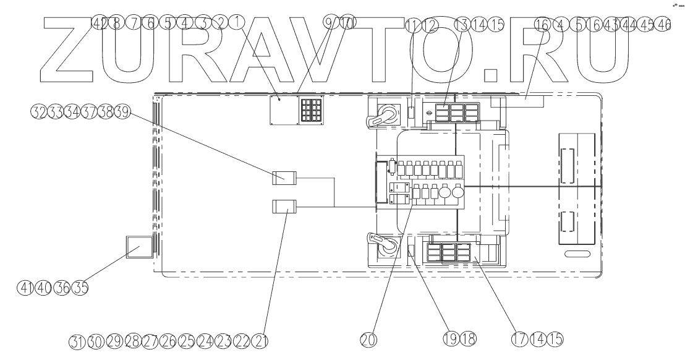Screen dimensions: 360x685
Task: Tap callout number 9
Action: click(331, 22)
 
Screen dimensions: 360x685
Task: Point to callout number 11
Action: click(413, 25)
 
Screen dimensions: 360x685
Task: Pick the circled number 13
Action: click(462, 25)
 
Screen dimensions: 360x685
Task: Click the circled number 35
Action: click(80, 288)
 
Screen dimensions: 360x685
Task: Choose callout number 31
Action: click(75, 341)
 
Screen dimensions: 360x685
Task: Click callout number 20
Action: click(368, 338)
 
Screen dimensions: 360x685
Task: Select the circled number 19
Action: click(449, 338)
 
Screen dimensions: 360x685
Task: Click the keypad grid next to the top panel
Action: click(311, 111)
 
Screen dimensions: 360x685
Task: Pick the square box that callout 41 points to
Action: click(139, 247)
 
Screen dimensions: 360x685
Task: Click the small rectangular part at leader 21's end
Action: click(285, 206)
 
